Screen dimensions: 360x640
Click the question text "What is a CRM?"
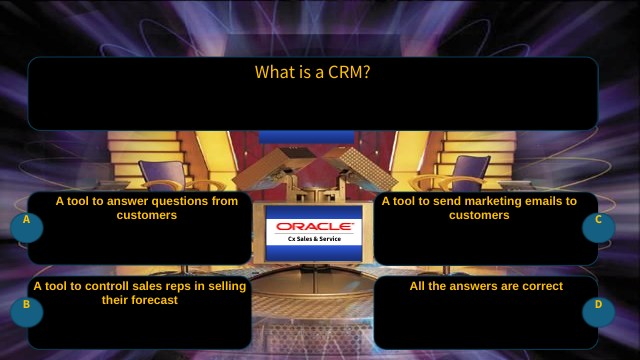point(312,72)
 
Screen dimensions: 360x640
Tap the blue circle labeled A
point(27,226)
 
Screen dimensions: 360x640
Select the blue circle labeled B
point(27,311)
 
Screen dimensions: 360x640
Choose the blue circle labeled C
point(598,226)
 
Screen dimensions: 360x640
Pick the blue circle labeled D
point(598,311)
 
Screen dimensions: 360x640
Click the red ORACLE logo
point(314,227)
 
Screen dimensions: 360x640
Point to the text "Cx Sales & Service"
point(314,240)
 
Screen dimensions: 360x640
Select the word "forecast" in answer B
point(154,300)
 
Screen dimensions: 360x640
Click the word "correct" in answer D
point(540,286)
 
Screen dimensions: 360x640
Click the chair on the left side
point(160,175)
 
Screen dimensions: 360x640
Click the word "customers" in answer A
point(147,215)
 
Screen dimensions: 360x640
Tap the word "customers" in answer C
point(479,215)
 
